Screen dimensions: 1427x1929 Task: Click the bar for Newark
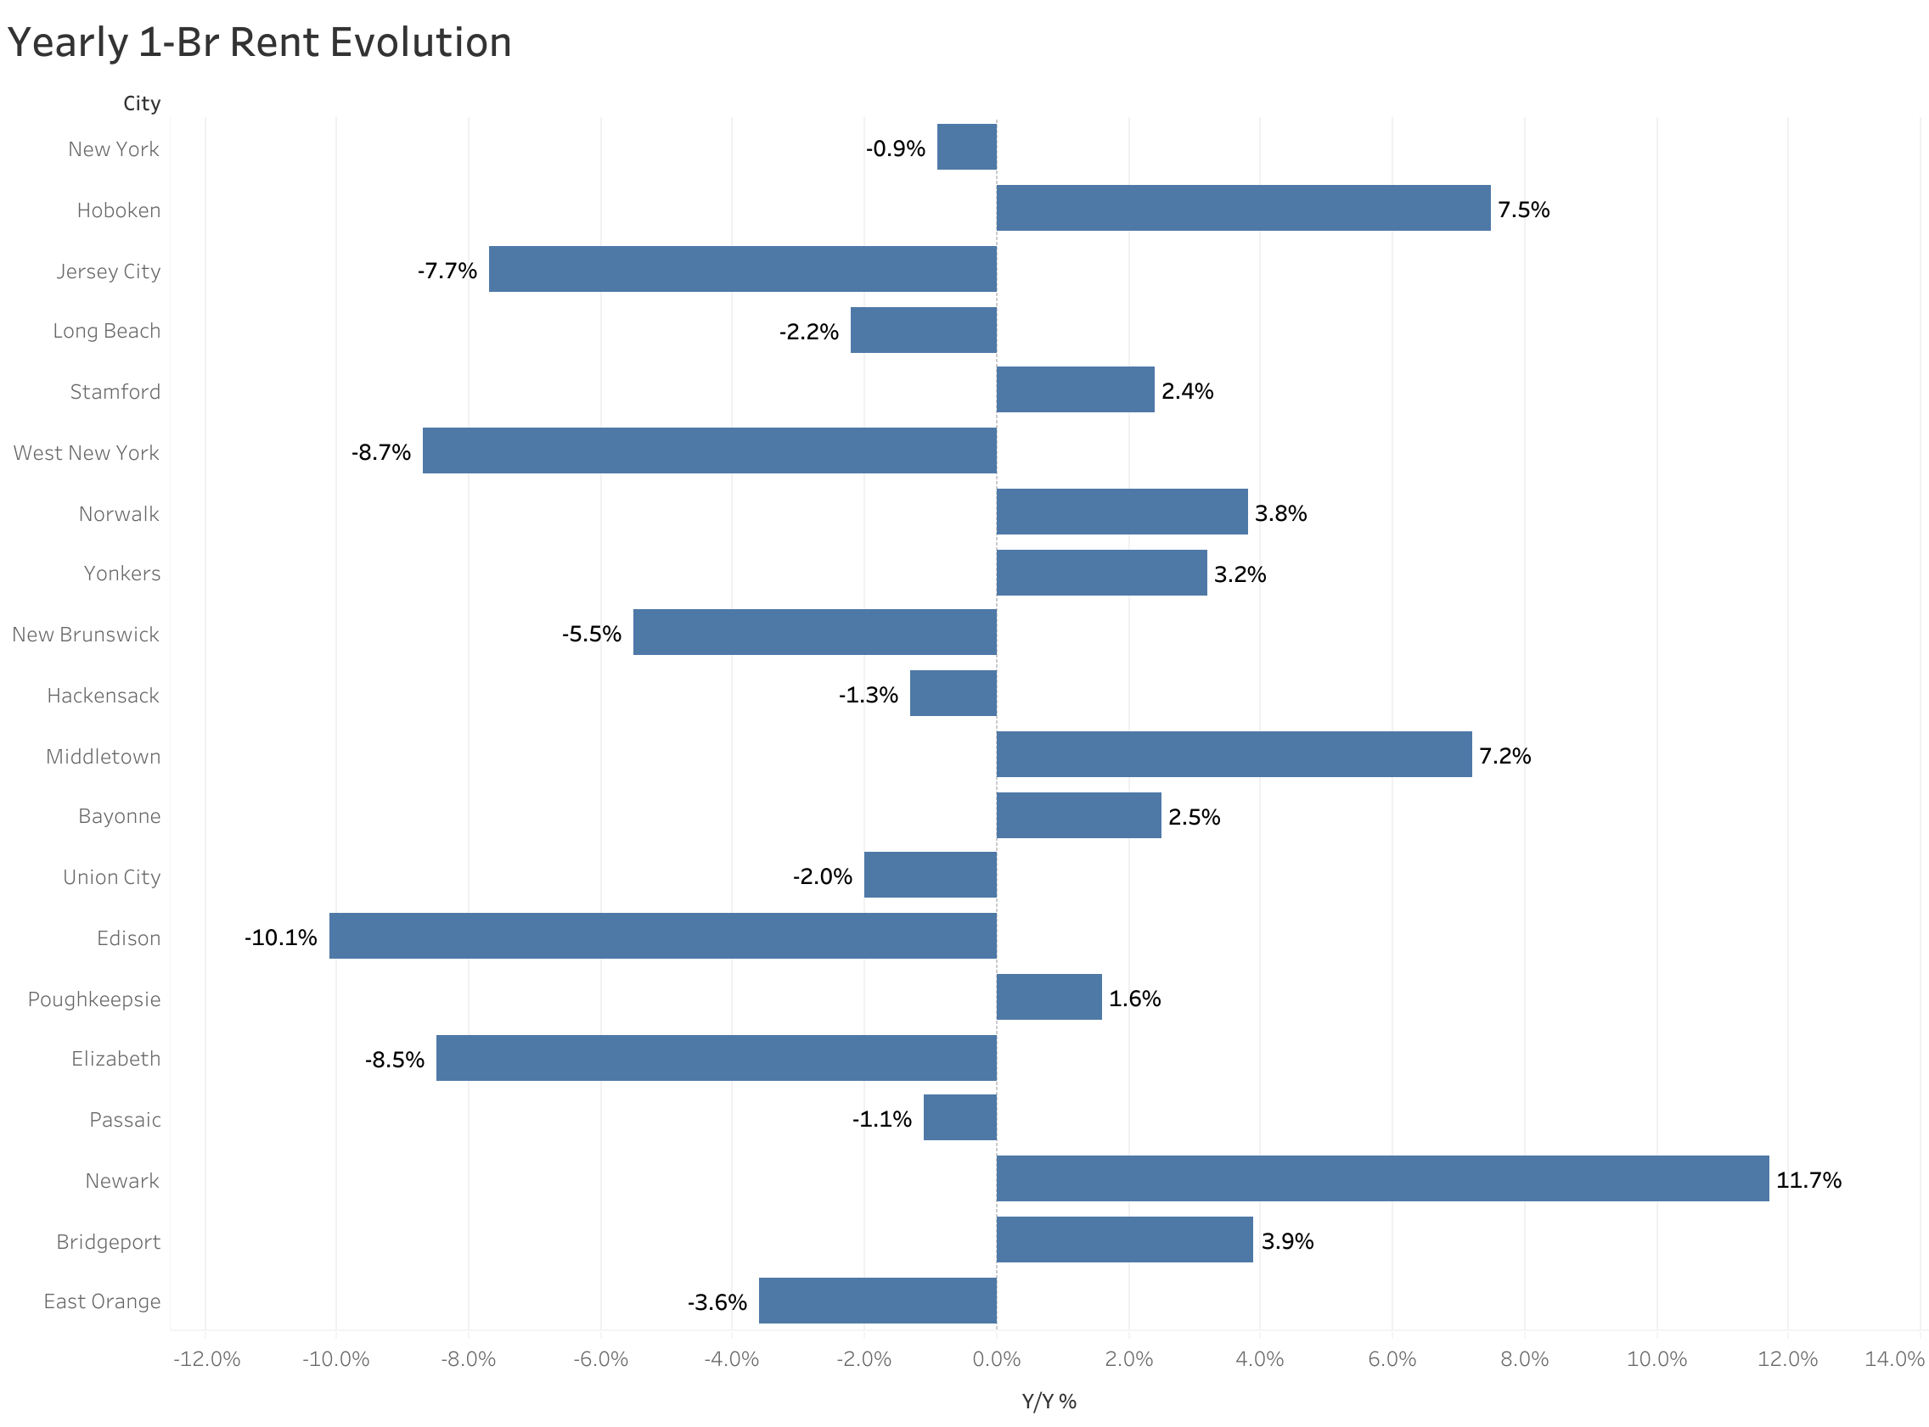click(x=1382, y=1178)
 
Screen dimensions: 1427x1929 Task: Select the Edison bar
click(x=662, y=936)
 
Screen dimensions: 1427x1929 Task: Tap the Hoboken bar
click(x=1243, y=208)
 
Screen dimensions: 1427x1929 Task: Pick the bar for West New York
click(x=709, y=450)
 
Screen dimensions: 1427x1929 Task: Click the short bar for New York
click(x=966, y=147)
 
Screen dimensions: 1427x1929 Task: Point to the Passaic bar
click(x=959, y=1116)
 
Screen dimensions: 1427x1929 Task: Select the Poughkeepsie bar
click(x=1049, y=997)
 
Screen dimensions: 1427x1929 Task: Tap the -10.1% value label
click(x=280, y=937)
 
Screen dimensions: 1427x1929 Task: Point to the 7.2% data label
click(x=1504, y=756)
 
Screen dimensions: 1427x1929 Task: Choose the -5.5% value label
click(x=591, y=634)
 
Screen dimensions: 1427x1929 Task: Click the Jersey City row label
click(x=108, y=271)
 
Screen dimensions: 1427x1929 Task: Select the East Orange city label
click(x=102, y=1301)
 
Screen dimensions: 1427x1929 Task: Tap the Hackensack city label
click(x=103, y=696)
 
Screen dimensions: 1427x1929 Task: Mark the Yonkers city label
click(x=122, y=573)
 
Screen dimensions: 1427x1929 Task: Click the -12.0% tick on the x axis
click(x=206, y=1359)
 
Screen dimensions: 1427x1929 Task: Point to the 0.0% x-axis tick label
click(x=996, y=1359)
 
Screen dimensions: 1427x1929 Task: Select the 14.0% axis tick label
click(x=1893, y=1359)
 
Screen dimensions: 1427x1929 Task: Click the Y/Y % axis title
click(x=1049, y=1401)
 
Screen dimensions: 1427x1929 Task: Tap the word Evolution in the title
click(x=420, y=42)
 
